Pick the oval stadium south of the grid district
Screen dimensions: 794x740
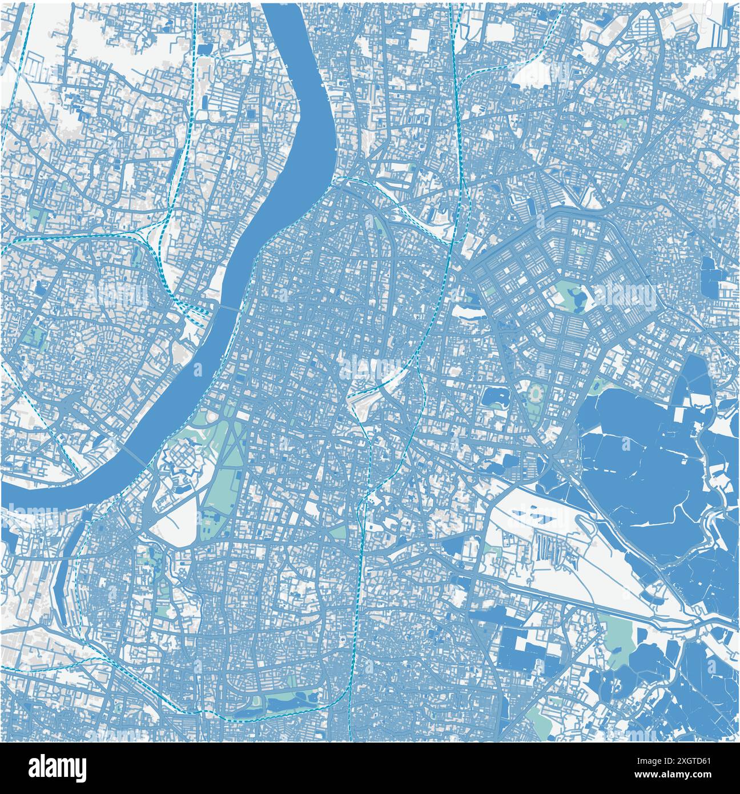point(536,394)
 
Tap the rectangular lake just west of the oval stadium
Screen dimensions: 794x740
point(495,396)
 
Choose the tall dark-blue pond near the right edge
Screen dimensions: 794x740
point(710,277)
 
